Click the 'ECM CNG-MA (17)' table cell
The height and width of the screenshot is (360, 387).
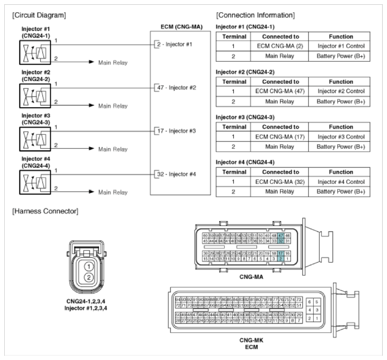(280, 137)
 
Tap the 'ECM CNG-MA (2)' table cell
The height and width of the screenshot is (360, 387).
(280, 47)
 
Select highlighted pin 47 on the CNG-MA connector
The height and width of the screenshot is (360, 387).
(281, 235)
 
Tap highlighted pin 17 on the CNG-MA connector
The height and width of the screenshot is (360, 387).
(281, 253)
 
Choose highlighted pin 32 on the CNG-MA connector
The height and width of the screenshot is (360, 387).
(281, 240)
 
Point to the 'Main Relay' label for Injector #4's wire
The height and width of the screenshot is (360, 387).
(112, 192)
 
